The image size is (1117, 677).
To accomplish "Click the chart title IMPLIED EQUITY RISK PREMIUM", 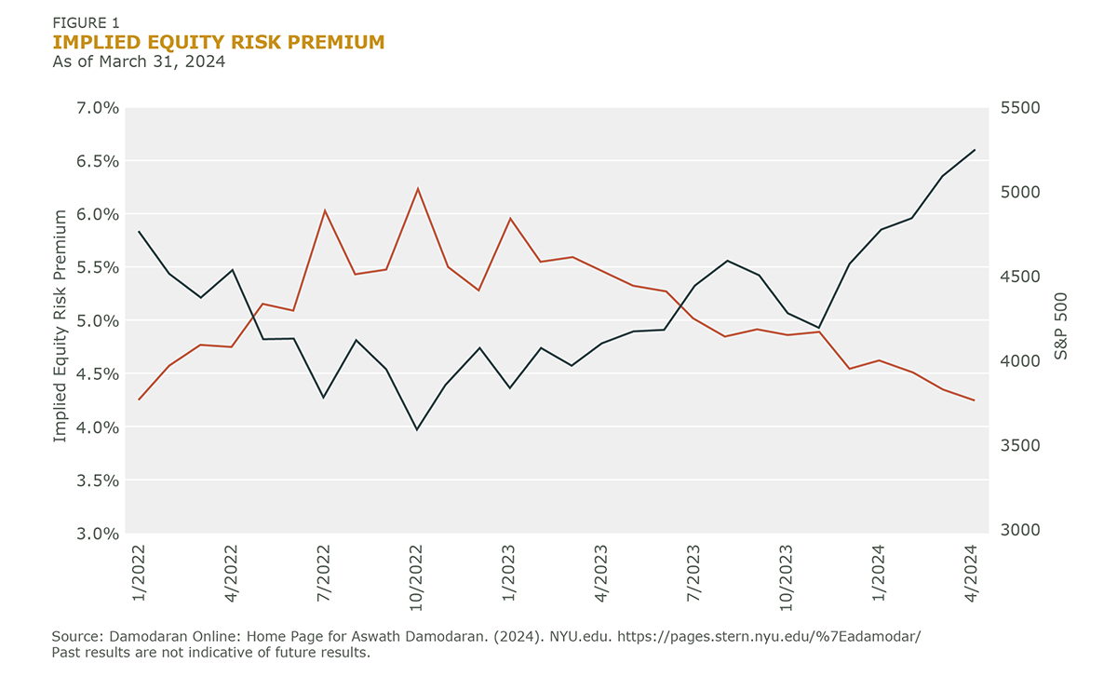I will tap(219, 42).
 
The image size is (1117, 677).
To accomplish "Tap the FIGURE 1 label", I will tap(86, 21).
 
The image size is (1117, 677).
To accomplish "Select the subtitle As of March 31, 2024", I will tap(139, 62).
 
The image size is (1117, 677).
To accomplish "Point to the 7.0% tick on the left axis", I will tap(96, 108).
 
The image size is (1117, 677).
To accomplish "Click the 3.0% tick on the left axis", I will tap(96, 534).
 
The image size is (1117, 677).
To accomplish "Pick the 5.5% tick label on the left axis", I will tap(96, 267).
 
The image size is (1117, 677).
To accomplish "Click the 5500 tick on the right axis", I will tap(1020, 108).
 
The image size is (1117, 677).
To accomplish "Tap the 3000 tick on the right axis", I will tap(1020, 530).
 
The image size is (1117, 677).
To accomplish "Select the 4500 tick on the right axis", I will tap(1020, 277).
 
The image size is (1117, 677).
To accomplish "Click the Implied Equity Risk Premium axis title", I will tap(61, 325).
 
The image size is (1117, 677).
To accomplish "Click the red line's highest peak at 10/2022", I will tap(417, 188).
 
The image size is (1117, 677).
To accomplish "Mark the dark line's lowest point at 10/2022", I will tap(417, 429).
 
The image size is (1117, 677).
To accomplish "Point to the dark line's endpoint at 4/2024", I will tap(975, 150).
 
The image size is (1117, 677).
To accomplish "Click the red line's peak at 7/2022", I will tap(324, 210).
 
